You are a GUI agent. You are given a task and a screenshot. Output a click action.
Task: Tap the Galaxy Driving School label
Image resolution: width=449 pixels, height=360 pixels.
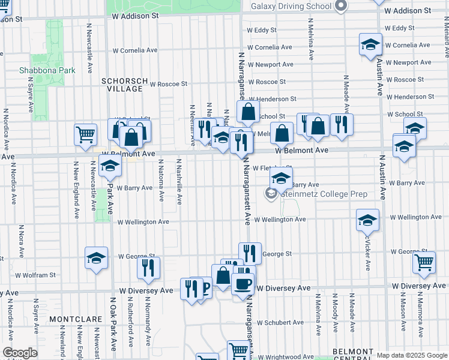[x=291, y=6]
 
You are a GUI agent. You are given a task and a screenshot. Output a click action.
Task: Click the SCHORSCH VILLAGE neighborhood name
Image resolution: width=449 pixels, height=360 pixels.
[x=122, y=84]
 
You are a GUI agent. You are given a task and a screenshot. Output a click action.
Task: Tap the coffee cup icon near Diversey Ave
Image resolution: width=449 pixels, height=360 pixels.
[x=243, y=284]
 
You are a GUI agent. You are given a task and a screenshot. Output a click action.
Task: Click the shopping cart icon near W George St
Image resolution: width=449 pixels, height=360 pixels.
[x=424, y=261]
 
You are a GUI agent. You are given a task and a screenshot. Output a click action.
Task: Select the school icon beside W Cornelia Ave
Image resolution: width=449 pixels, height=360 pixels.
[x=370, y=44]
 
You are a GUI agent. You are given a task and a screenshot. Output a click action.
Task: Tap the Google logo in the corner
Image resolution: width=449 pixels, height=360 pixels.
[x=20, y=353]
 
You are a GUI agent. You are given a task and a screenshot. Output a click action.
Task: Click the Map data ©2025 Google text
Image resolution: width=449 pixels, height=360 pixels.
[x=412, y=355]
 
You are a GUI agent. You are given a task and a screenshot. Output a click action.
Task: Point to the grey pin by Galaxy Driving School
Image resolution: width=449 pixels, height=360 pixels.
[x=341, y=7]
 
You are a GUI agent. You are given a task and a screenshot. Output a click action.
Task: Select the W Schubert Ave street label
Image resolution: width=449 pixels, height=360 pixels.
[x=280, y=322]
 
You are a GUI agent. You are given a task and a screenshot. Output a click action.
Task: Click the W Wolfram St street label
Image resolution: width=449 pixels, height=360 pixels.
[x=35, y=275]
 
